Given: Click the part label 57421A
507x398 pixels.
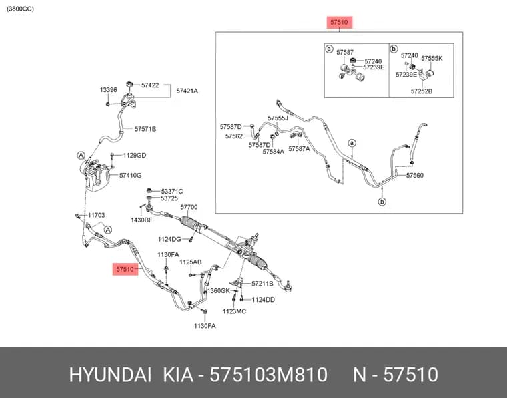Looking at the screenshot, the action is coord(187,91).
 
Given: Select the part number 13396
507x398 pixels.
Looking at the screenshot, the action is coord(108,90).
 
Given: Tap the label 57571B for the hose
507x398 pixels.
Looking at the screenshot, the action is coord(145,129).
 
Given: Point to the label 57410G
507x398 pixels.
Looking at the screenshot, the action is coord(131,176).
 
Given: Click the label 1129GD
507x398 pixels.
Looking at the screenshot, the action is coord(135,156).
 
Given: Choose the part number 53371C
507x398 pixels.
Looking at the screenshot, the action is coord(171,191).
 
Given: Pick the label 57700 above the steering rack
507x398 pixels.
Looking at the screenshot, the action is coord(189,207).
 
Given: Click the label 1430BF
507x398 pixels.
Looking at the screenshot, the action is coord(141,220).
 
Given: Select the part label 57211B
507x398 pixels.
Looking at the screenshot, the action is coord(262,284).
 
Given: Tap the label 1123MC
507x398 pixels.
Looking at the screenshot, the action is coord(234,311).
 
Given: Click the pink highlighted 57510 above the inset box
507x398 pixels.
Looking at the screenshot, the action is coord(339,22).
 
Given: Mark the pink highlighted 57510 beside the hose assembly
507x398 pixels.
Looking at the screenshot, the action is coord(125,269).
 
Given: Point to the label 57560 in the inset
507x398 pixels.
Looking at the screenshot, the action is coord(415,176).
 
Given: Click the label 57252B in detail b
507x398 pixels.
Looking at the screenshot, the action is coord(422,91).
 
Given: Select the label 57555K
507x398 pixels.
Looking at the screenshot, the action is coord(432,59).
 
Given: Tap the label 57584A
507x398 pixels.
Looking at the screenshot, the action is coord(274,152).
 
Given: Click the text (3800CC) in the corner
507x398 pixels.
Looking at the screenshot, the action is coord(20,9).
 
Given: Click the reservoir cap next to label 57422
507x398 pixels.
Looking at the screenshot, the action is coord(130,84).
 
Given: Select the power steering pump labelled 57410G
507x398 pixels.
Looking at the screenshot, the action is coord(96,176).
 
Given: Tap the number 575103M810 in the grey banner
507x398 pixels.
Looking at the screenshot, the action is coord(268,375).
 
